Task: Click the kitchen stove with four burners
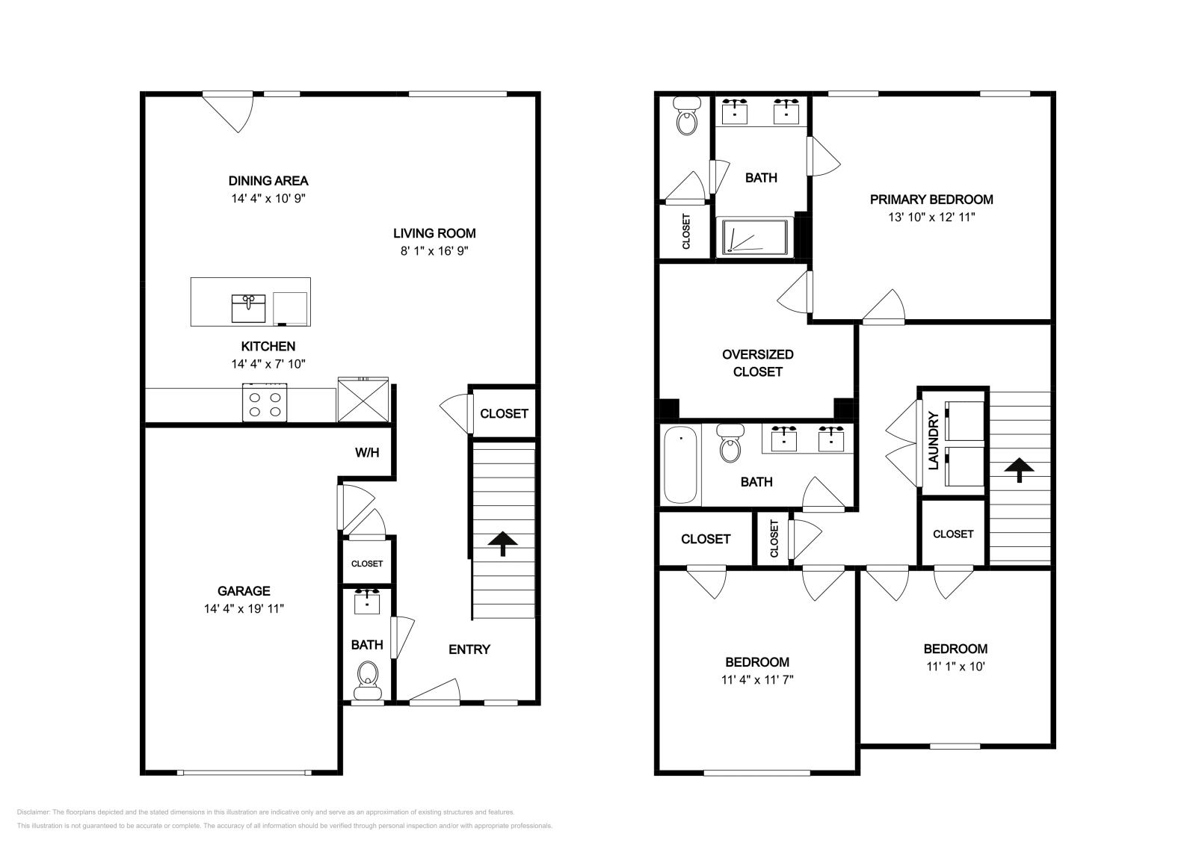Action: click(265, 403)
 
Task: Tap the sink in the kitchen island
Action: click(248, 309)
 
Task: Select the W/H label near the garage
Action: click(367, 453)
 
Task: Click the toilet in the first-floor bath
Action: click(367, 681)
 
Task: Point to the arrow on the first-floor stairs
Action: click(502, 544)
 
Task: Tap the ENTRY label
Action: click(469, 649)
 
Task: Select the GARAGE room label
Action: click(244, 591)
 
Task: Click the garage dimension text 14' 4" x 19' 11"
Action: click(244, 608)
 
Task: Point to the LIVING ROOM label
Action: click(434, 233)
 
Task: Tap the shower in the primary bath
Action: click(755, 236)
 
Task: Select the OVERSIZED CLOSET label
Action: click(758, 363)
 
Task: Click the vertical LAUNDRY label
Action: click(934, 440)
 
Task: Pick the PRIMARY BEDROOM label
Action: click(931, 200)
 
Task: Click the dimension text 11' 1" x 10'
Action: click(956, 667)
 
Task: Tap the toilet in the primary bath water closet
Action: click(687, 117)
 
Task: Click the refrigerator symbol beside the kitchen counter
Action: click(363, 400)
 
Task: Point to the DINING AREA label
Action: click(268, 181)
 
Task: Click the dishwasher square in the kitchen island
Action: click(291, 309)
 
